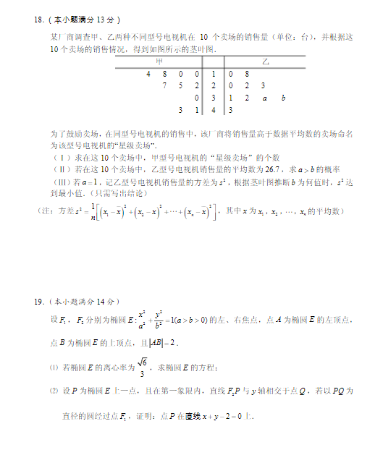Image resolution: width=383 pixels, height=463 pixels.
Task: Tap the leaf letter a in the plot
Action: [x=265, y=98]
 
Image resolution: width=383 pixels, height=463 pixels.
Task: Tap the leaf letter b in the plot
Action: [x=283, y=98]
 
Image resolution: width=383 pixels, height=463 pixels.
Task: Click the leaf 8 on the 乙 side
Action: [x=247, y=74]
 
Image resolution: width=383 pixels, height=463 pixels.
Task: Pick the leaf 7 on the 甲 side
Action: [x=165, y=86]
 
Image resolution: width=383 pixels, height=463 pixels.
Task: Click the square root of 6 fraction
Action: [x=142, y=369]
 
